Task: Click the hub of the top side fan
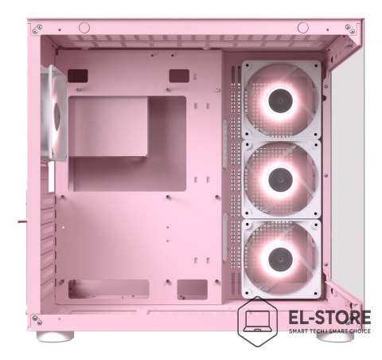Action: coord(280,100)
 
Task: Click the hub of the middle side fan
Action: coord(280,180)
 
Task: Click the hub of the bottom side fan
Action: coord(280,259)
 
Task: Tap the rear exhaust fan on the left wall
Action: coord(54,113)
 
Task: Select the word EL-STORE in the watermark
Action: coord(329,317)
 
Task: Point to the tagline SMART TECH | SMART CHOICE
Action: coord(329,331)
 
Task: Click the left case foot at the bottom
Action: coord(55,336)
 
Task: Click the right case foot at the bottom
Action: coord(335,336)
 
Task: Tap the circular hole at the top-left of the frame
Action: coord(84,28)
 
